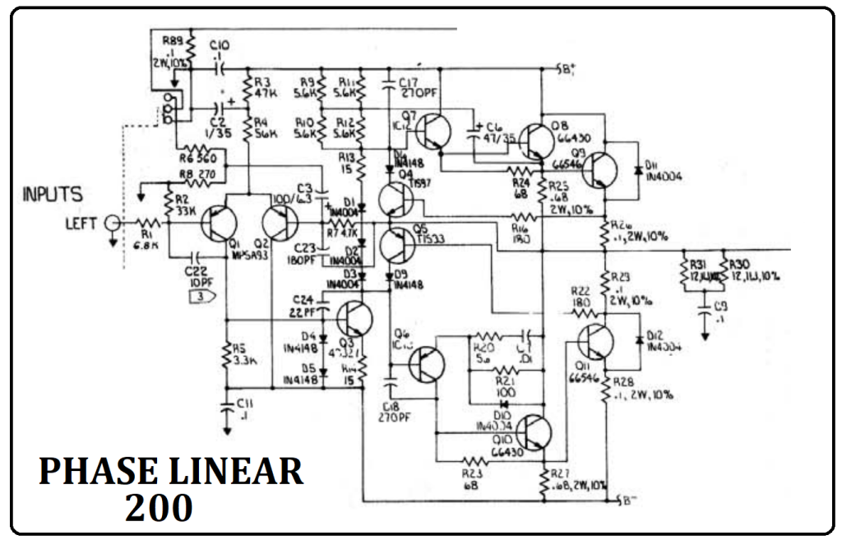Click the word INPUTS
[x=52, y=196]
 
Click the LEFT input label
[x=81, y=223]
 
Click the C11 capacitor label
[x=244, y=408]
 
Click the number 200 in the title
[x=159, y=508]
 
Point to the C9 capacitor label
[x=721, y=309]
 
